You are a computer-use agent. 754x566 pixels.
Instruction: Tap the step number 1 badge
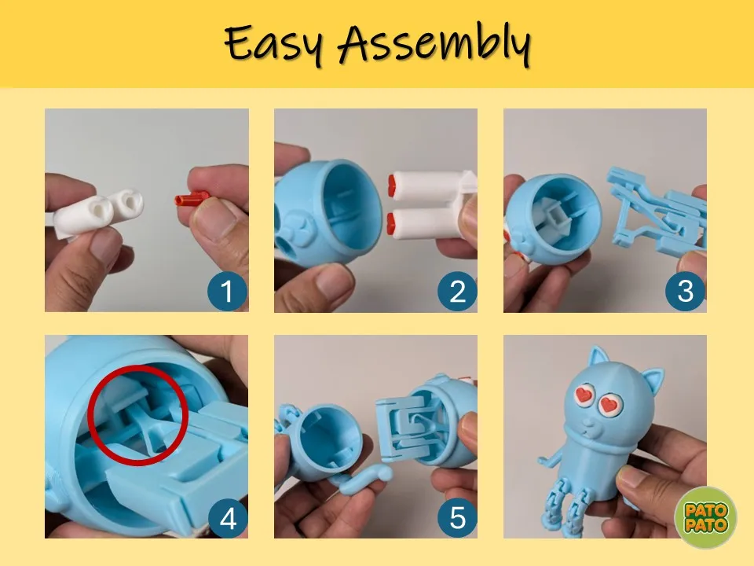coord(227,291)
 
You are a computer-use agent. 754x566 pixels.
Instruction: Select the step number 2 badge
coord(457,291)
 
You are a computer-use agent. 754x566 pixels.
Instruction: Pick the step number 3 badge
coord(685,291)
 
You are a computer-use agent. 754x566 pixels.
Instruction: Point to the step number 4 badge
coord(228,518)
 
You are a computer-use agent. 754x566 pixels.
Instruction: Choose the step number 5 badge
coord(457,518)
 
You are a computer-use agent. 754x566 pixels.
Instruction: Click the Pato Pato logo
coord(706,517)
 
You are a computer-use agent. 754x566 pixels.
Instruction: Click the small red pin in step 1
coord(192,198)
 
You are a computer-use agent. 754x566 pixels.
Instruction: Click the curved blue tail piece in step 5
coord(366,482)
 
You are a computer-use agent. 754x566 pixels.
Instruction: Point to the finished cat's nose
coord(587,424)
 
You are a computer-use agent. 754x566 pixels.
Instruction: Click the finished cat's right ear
coord(652,380)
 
